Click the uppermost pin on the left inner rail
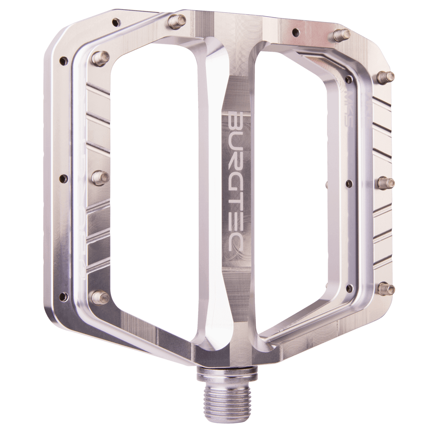click(x=101, y=56)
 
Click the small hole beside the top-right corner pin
click(x=296, y=31)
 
